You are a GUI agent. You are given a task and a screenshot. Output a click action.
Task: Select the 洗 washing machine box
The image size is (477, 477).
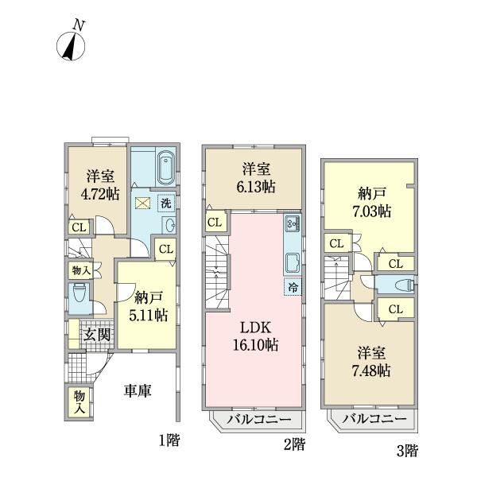coord(166,203)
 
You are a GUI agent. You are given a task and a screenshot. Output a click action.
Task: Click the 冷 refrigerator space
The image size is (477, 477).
coord(293,287)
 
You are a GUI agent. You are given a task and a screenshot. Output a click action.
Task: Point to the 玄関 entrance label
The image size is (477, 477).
coord(97,335)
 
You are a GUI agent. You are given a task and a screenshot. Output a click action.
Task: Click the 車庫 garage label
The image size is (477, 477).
coord(138,391)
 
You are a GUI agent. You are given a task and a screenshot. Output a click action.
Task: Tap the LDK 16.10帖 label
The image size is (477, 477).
coord(255,336)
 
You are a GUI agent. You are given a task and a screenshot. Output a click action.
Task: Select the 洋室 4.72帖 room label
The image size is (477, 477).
coord(100,185)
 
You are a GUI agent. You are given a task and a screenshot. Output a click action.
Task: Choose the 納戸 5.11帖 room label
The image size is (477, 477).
coord(149,306)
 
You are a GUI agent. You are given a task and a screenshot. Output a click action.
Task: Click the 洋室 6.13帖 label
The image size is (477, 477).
coord(256,178)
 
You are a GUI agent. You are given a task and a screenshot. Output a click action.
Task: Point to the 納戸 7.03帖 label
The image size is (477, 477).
coord(372,202)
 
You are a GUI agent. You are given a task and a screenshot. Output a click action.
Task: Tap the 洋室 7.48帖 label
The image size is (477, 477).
coord(371,362)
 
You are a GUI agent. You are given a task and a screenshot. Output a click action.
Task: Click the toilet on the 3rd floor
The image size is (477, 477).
coord(405,285)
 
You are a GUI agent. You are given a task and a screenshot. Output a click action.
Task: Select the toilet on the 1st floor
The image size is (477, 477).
coord(79,293)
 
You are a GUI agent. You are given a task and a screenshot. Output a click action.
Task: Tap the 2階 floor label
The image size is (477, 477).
coord(294,445)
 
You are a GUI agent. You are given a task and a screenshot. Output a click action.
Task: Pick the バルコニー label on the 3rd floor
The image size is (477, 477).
coord(374,419)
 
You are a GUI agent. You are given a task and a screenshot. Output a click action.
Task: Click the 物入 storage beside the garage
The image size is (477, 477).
coord(79,402)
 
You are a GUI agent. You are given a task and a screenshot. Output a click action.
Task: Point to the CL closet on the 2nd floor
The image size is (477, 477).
coord(215,223)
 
